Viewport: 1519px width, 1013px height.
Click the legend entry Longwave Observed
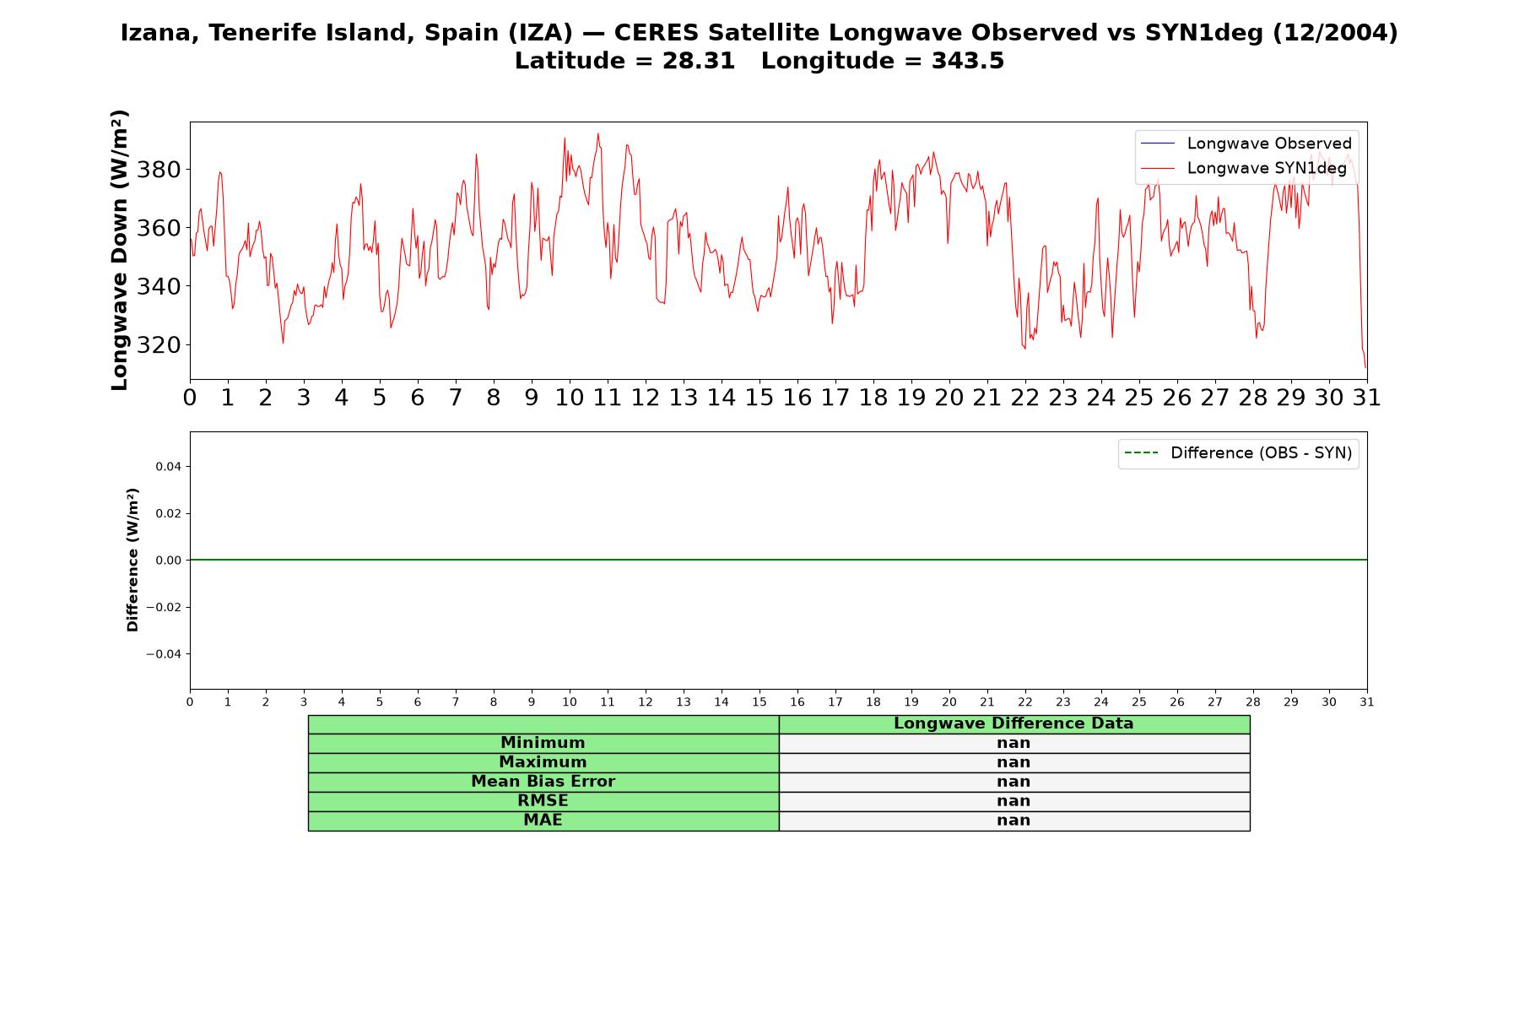(1246, 144)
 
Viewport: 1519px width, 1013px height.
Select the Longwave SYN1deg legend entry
(1243, 168)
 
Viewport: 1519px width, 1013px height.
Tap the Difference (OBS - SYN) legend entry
(1238, 453)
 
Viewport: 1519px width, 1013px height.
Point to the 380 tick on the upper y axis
(159, 170)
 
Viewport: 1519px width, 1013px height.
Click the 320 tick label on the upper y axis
(159, 345)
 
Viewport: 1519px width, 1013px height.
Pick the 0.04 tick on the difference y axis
(168, 467)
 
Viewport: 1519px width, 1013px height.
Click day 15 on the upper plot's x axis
(759, 398)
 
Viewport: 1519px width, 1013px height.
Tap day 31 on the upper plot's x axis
(1367, 398)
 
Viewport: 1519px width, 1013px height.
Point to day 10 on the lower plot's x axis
(570, 702)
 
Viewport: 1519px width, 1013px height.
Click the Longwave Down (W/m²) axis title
(120, 250)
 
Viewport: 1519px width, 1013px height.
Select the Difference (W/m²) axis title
(132, 560)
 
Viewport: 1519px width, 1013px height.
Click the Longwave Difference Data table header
(1014, 723)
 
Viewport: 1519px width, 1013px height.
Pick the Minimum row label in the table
(543, 743)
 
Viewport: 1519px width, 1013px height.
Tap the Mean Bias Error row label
(543, 782)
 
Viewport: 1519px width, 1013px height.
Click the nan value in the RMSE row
(1014, 801)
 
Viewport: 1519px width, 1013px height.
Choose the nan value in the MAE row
(1014, 821)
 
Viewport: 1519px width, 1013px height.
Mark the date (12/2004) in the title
(1335, 33)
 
